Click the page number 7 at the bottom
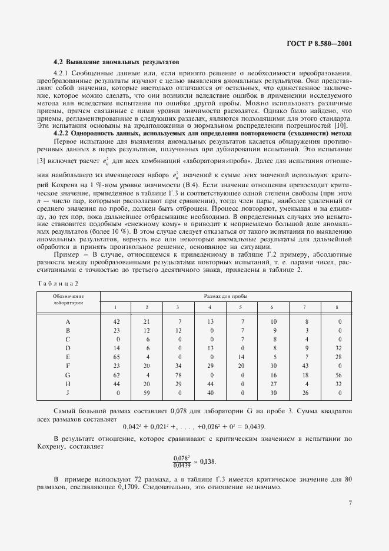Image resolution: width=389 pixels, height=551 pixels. (x=350, y=503)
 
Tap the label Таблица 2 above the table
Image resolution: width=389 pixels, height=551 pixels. (x=57, y=283)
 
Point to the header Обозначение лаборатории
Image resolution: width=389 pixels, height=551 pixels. (x=68, y=300)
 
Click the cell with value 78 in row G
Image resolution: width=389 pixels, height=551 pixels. (x=178, y=374)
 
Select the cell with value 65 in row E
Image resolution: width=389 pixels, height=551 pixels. (x=116, y=357)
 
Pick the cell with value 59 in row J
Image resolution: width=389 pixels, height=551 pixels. (x=147, y=392)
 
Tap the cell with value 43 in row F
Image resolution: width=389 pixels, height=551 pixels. (x=304, y=366)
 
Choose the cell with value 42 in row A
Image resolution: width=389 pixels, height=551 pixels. (x=116, y=321)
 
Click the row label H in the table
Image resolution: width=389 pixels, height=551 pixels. (x=68, y=383)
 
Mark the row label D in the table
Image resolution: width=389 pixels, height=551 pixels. (x=68, y=348)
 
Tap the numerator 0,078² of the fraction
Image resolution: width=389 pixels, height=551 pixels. (x=182, y=457)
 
